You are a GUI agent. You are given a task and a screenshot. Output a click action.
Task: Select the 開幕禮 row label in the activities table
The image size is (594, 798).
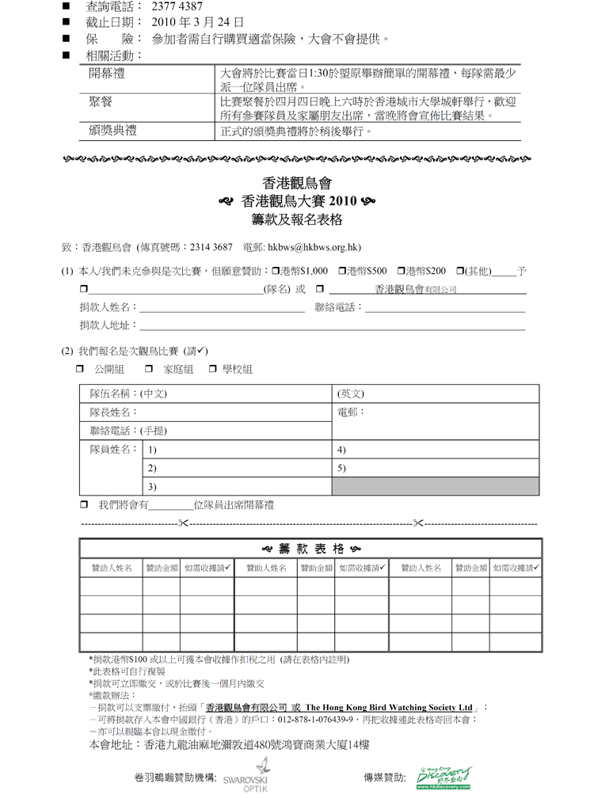point(107,74)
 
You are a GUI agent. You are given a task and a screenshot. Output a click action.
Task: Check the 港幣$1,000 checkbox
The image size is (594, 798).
point(276,271)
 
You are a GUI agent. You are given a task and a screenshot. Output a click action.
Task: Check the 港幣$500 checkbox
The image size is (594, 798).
point(342,271)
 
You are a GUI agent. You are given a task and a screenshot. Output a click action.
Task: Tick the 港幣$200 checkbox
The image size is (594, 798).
point(401,271)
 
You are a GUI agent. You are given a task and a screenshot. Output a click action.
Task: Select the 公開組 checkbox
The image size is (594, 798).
point(81,370)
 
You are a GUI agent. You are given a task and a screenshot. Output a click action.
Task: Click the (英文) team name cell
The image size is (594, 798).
point(436,393)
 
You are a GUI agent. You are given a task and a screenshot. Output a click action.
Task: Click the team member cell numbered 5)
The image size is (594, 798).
point(436,468)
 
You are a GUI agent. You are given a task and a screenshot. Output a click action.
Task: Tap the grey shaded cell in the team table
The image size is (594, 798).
point(436,486)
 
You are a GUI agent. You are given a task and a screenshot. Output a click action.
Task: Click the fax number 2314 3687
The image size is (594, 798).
point(211,247)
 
